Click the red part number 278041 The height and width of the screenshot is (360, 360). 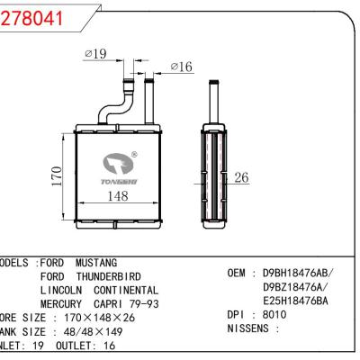point(33,18)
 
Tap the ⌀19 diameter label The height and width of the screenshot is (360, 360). point(95,55)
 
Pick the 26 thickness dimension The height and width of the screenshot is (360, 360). point(240,177)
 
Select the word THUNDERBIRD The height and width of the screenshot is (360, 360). point(113,276)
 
